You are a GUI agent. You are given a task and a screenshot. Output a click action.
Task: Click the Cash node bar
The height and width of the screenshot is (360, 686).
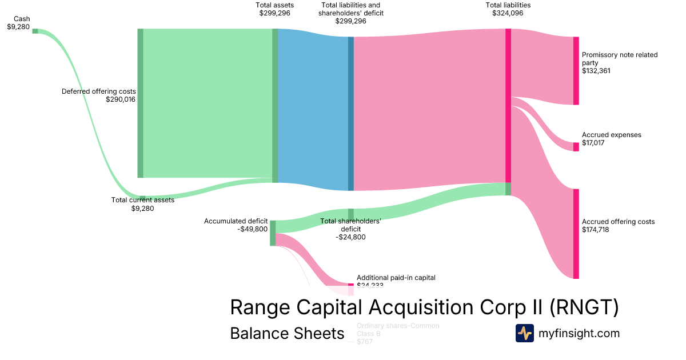(x=35, y=31)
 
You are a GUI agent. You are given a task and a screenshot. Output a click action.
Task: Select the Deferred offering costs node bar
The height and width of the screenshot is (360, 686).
(x=140, y=103)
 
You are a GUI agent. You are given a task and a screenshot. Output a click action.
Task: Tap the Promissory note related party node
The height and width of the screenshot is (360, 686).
(x=576, y=71)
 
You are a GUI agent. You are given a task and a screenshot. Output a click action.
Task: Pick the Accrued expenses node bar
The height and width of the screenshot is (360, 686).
(x=576, y=147)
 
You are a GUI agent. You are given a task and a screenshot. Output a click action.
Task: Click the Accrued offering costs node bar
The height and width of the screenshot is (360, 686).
(x=576, y=234)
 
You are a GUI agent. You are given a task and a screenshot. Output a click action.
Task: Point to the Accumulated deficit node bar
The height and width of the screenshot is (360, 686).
(x=273, y=233)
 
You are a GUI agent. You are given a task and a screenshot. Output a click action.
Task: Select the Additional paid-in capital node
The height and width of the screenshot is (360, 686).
(x=351, y=285)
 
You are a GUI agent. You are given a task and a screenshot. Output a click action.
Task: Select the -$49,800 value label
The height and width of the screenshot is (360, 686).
(x=252, y=229)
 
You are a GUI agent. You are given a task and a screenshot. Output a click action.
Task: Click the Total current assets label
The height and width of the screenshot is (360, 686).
(x=142, y=200)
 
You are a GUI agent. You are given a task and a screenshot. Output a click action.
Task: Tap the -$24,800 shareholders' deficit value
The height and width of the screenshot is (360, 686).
(x=350, y=237)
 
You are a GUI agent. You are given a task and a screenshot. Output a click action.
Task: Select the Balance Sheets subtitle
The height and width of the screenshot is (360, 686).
(x=287, y=333)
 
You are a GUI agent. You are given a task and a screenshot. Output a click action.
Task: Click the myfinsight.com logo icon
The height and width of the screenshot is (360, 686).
(x=524, y=333)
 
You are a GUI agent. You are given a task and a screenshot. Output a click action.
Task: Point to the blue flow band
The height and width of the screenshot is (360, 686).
(x=312, y=109)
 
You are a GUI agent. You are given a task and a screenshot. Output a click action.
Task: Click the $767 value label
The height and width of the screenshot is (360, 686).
(x=365, y=342)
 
